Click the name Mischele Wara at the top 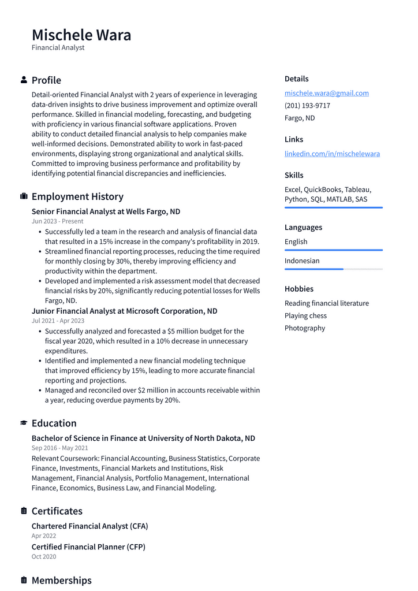point(81,35)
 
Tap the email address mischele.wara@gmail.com point(326,93)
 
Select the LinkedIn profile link point(332,154)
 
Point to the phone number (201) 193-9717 point(307,106)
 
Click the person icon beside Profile point(24,80)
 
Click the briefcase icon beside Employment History point(24,196)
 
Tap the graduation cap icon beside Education point(24,423)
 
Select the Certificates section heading point(57,511)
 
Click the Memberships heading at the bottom point(61,580)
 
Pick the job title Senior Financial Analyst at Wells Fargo point(106,211)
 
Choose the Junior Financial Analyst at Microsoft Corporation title point(124,311)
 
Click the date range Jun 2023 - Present point(57,221)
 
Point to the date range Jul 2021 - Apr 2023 point(58,321)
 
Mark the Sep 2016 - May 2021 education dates point(59,448)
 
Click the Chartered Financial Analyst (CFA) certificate point(89,526)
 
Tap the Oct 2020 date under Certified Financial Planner point(44,556)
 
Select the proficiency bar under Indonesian point(333,269)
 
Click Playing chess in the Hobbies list point(305,315)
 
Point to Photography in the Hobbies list point(304,328)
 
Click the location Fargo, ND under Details point(300,118)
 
